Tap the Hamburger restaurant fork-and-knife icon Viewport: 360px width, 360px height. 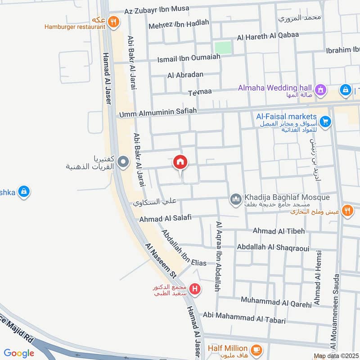click(x=114, y=20)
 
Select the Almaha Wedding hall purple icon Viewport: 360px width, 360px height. click(x=320, y=89)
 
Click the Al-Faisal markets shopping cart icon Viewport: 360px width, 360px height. click(x=325, y=121)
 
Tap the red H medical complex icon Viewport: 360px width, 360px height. click(x=194, y=288)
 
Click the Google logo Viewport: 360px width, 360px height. click(x=19, y=353)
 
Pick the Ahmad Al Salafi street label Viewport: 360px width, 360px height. click(x=165, y=218)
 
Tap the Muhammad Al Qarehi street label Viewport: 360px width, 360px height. click(x=276, y=301)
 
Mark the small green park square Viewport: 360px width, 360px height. click(x=223, y=48)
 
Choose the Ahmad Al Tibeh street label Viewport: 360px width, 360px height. click(x=279, y=231)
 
